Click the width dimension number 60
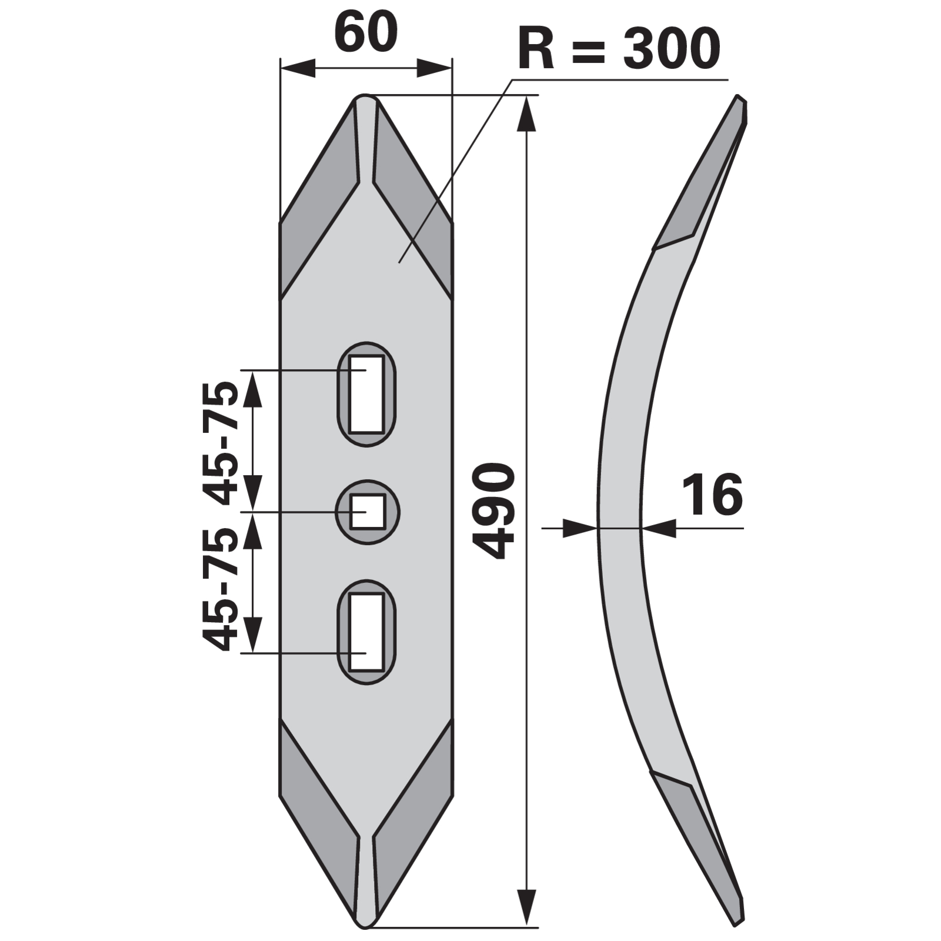pyautogui.click(x=366, y=34)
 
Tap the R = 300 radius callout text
pyautogui.click(x=619, y=49)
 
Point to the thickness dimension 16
pyautogui.click(x=712, y=495)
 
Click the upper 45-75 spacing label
pyautogui.click(x=221, y=443)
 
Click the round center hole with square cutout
pyautogui.click(x=368, y=512)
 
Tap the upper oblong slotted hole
pyautogui.click(x=366, y=394)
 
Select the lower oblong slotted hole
pyautogui.click(x=366, y=632)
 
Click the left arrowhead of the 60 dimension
pyautogui.click(x=297, y=67)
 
